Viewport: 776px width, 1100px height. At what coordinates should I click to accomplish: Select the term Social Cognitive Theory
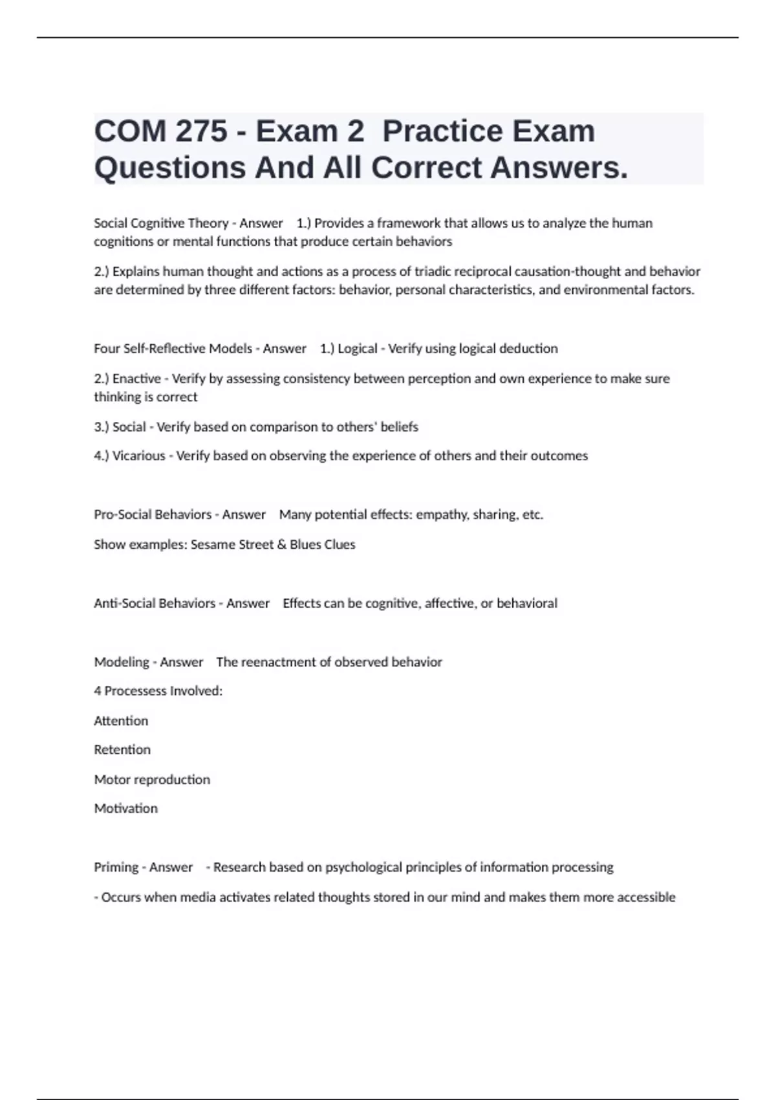click(x=161, y=223)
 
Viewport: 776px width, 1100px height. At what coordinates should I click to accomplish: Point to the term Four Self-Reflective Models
click(x=173, y=349)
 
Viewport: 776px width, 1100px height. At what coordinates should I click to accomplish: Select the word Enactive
click(x=136, y=379)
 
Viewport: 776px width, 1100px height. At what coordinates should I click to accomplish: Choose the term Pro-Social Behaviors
click(x=153, y=514)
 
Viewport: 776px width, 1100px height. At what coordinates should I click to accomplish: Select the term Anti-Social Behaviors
click(x=155, y=603)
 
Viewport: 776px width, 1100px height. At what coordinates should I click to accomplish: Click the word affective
click(x=449, y=603)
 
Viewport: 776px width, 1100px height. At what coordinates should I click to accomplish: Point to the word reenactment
click(x=281, y=662)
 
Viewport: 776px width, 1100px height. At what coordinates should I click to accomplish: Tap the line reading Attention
click(x=121, y=721)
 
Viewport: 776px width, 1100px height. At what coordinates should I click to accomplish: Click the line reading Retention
click(x=122, y=749)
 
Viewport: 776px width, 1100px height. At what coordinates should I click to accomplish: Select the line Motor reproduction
click(x=152, y=779)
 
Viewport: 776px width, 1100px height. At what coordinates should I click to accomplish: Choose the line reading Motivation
click(x=125, y=808)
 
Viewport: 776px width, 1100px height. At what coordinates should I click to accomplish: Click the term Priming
click(x=116, y=867)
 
